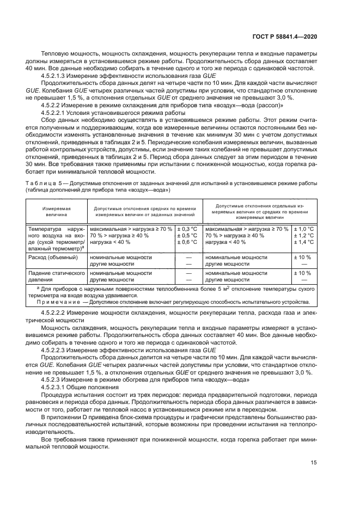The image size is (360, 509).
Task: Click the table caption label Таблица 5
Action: pyautogui.click(x=39, y=184)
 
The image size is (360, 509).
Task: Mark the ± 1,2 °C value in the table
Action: pyautogui.click(x=304, y=235)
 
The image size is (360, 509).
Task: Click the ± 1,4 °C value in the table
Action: pyautogui.click(x=304, y=242)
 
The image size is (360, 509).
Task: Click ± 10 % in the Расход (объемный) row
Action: pyautogui.click(x=302, y=256)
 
